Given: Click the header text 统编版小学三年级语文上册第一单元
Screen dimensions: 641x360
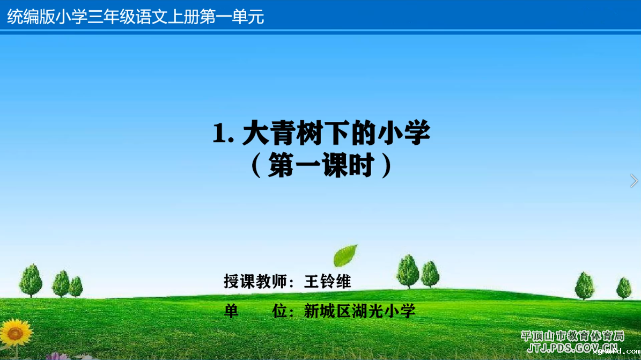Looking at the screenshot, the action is click(x=135, y=17).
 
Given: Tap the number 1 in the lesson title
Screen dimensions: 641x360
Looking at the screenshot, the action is click(x=219, y=134).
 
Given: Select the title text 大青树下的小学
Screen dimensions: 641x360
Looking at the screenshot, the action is click(x=336, y=133).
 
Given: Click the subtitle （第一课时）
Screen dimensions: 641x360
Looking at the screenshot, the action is click(x=321, y=165).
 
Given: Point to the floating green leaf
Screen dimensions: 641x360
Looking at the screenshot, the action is click(x=345, y=255).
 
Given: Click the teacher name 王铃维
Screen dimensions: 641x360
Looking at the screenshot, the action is click(x=327, y=282).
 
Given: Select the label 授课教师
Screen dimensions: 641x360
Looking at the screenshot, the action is click(x=255, y=282).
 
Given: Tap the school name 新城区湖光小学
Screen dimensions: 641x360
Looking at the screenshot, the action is click(x=359, y=311).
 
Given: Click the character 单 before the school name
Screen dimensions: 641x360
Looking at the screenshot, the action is click(x=231, y=311).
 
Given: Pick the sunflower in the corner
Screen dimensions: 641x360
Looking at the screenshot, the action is click(x=16, y=333).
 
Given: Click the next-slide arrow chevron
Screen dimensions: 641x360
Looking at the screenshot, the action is click(x=633, y=180).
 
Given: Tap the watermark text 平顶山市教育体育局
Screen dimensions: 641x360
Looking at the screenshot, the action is click(x=573, y=336).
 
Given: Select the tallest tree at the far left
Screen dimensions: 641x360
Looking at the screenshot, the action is click(x=31, y=280).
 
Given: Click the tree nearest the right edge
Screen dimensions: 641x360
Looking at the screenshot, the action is click(x=624, y=288).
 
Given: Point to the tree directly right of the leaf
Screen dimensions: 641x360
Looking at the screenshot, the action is click(x=408, y=271).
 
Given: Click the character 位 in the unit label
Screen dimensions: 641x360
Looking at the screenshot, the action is click(x=279, y=311).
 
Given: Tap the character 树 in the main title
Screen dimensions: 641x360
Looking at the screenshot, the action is click(x=310, y=133).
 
